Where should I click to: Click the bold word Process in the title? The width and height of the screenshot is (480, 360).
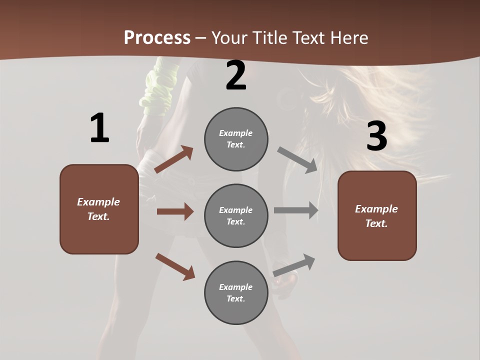[157, 37]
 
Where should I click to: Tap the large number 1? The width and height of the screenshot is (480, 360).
[99, 128]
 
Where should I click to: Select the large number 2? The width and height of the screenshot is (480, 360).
[236, 75]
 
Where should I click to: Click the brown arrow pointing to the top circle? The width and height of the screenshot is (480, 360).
[174, 159]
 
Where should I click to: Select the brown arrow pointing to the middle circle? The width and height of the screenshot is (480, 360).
[175, 211]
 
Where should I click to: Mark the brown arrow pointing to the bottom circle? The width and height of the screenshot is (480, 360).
[175, 266]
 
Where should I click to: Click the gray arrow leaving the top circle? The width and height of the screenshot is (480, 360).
[297, 160]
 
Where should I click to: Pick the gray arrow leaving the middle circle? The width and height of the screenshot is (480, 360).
[296, 210]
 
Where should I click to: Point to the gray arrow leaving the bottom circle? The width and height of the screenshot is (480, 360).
[294, 265]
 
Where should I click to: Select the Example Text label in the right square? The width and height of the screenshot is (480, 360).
[376, 216]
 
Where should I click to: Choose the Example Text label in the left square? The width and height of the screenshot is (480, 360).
[98, 209]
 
